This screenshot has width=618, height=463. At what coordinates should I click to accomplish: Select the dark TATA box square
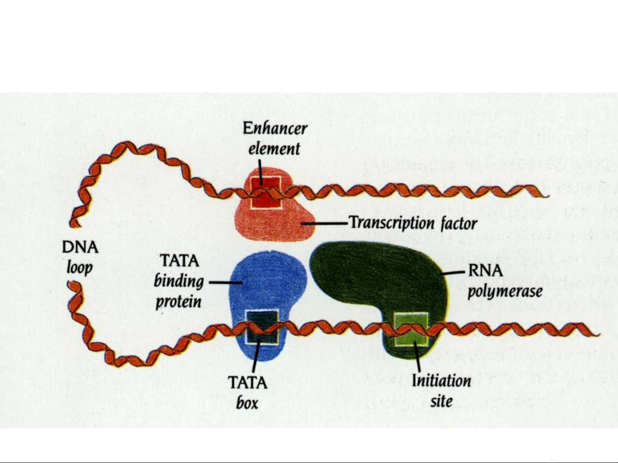pyautogui.click(x=262, y=327)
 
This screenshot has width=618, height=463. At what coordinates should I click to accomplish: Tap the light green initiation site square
pyautogui.click(x=411, y=329)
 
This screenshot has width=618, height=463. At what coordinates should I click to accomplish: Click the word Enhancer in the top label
pyautogui.click(x=275, y=128)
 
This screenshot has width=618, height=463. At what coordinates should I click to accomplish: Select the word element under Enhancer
pyautogui.click(x=274, y=149)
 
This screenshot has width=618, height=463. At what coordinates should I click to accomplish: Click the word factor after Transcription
pyautogui.click(x=459, y=224)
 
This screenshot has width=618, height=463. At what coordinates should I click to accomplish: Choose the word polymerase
pyautogui.click(x=505, y=292)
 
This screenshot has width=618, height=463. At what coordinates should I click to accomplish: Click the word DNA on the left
pyautogui.click(x=80, y=248)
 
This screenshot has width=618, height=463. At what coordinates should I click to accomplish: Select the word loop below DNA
pyautogui.click(x=80, y=268)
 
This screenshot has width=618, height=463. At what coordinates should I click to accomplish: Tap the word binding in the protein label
pyautogui.click(x=179, y=281)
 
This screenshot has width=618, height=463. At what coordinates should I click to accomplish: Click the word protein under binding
pyautogui.click(x=178, y=302)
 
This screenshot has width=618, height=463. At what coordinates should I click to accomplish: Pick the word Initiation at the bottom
pyautogui.click(x=441, y=380)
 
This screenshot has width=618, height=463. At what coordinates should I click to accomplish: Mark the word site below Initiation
pyautogui.click(x=442, y=401)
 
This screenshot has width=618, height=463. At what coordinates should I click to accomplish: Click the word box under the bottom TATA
pyautogui.click(x=247, y=403)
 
